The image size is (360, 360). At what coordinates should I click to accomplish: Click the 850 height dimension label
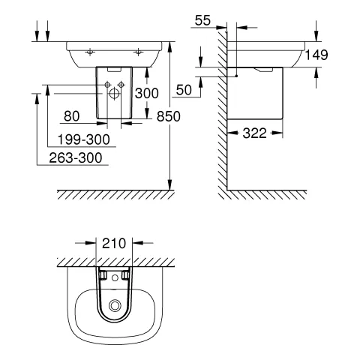[x=169, y=116]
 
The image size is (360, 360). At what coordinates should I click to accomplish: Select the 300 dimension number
[x=147, y=94]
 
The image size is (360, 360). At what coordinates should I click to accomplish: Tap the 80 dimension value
[x=72, y=116]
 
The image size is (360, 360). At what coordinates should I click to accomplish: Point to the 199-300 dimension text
[x=84, y=139]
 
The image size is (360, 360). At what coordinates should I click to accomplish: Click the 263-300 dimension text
[x=76, y=157]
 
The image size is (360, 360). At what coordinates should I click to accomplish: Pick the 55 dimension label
[x=202, y=20]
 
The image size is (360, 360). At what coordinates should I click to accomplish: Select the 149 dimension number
[x=316, y=55]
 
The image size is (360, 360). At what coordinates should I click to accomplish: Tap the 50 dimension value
[x=184, y=90]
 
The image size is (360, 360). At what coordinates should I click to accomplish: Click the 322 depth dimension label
[x=255, y=133]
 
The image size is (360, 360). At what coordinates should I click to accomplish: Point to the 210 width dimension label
[x=114, y=243]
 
